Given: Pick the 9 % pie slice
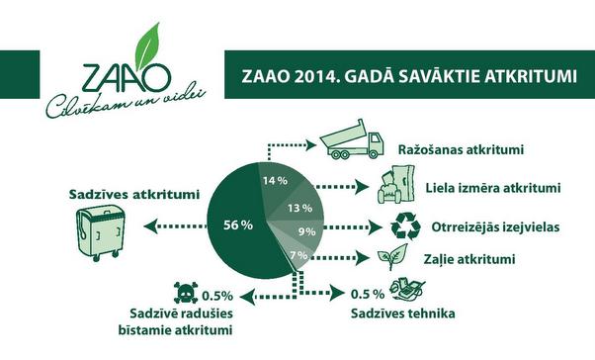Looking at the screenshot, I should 305,233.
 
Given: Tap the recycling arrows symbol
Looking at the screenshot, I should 404,226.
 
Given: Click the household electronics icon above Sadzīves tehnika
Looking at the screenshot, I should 405,290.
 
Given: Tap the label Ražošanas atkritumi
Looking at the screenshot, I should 461,150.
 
